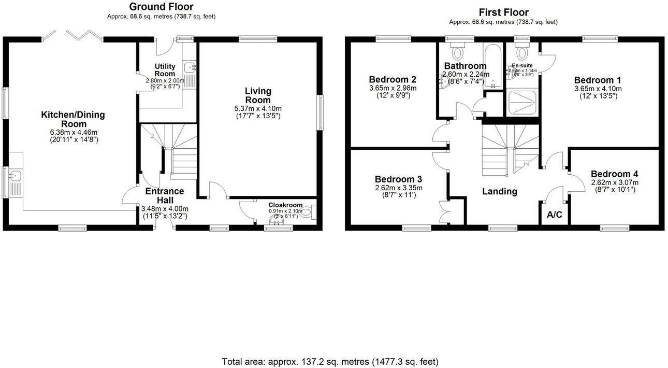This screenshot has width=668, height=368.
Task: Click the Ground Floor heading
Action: click(x=161, y=7)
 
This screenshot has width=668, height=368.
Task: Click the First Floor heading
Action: click(x=503, y=12)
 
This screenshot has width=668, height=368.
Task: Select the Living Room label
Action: click(x=258, y=95)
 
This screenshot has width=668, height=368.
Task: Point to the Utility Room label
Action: click(x=165, y=70)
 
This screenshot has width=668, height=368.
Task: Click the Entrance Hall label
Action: click(x=165, y=195)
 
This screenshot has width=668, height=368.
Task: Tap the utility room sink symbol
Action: click(x=191, y=67)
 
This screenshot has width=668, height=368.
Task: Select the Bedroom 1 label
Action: click(x=598, y=80)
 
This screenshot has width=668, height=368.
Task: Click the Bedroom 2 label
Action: click(x=393, y=80)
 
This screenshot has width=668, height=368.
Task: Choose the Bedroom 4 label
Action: click(x=614, y=174)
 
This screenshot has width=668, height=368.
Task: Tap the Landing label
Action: click(x=500, y=191)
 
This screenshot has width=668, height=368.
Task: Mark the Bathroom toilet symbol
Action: click(x=458, y=52)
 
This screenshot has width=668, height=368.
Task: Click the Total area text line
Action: click(x=330, y=361)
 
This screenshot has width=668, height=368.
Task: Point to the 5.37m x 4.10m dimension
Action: click(x=258, y=108)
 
